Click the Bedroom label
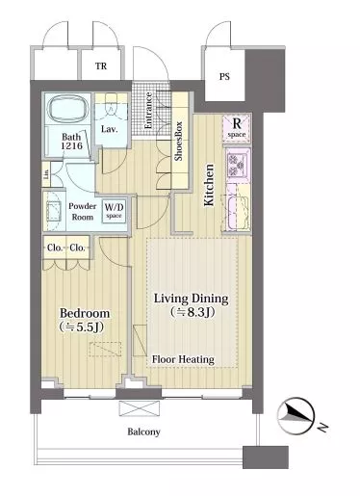[85, 313]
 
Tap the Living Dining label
[192, 299]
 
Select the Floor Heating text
[183, 359]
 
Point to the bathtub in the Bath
[68, 110]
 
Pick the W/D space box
[114, 211]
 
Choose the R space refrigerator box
[237, 128]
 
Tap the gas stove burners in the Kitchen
[238, 165]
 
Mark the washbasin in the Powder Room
[54, 211]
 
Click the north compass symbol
[296, 415]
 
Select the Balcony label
[143, 431]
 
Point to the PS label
[224, 77]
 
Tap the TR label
[101, 66]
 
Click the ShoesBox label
[178, 141]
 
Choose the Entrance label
[148, 111]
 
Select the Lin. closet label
[46, 174]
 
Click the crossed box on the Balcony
[140, 408]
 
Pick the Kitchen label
[209, 185]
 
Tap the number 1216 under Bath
[72, 145]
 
